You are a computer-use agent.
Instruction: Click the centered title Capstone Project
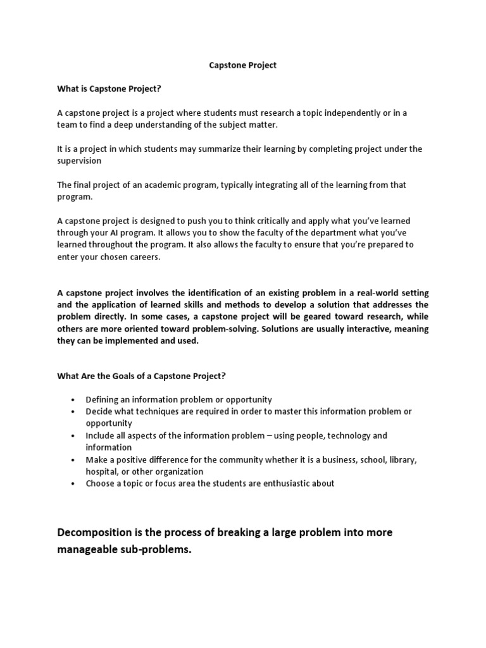click(x=243, y=65)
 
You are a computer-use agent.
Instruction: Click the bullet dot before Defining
click(x=74, y=400)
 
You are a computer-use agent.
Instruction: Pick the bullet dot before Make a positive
click(x=74, y=460)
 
